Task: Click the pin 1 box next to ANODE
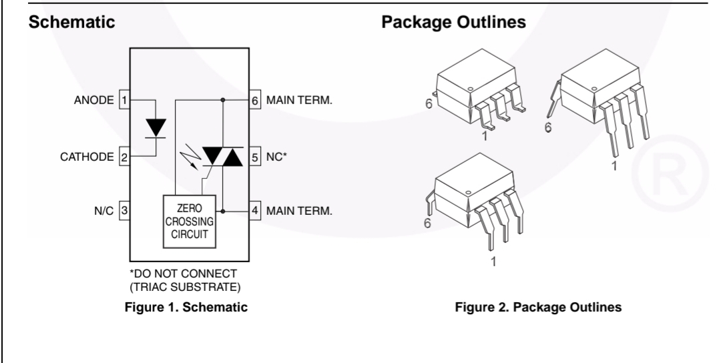pyautogui.click(x=124, y=101)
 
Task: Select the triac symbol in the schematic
pyautogui.click(x=222, y=156)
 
